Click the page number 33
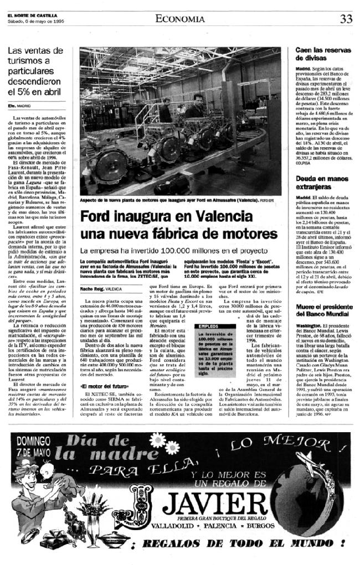point(346,18)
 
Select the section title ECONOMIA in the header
point(179,19)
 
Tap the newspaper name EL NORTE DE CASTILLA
point(31,15)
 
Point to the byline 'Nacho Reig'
point(91,289)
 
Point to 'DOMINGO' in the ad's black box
point(34,440)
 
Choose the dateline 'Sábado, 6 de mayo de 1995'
point(34,22)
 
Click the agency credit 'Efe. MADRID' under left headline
point(20,105)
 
